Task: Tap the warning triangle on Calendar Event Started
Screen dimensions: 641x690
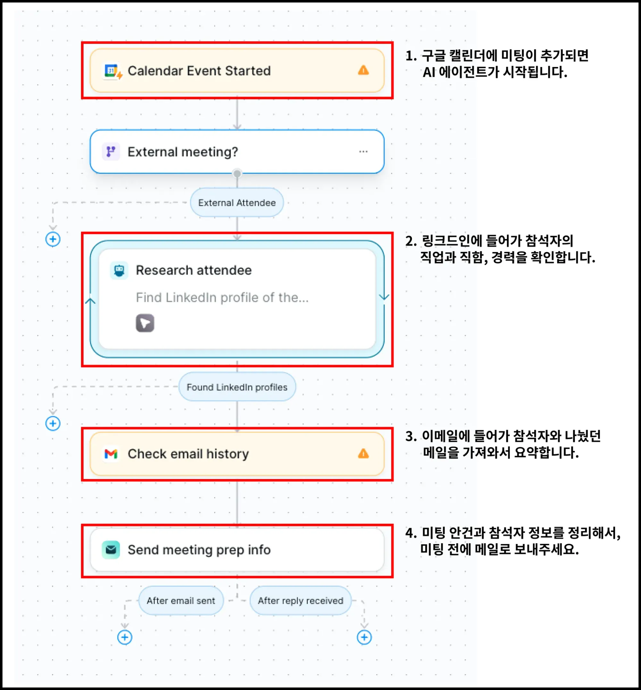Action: [363, 71]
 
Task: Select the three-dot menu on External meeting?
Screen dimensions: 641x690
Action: [363, 152]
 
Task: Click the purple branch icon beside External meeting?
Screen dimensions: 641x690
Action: [111, 152]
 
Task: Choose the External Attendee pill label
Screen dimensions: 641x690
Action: [237, 203]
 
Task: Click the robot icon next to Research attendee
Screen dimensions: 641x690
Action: [119, 270]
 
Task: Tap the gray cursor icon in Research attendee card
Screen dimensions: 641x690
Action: [145, 323]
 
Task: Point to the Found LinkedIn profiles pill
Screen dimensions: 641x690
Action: [237, 387]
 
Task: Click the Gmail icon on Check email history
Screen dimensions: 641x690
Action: [111, 454]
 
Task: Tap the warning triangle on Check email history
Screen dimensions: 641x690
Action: [363, 453]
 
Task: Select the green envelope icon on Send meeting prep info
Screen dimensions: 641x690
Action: [111, 550]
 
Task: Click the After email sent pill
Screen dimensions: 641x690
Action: [181, 601]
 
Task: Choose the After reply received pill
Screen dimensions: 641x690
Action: [300, 601]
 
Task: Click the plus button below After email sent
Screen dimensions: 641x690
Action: [125, 637]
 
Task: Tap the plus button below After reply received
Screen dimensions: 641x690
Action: [364, 637]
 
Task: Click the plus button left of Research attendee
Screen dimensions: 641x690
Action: [53, 239]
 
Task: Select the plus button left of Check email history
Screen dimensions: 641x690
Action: [53, 424]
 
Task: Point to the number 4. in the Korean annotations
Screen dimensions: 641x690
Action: [411, 533]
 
